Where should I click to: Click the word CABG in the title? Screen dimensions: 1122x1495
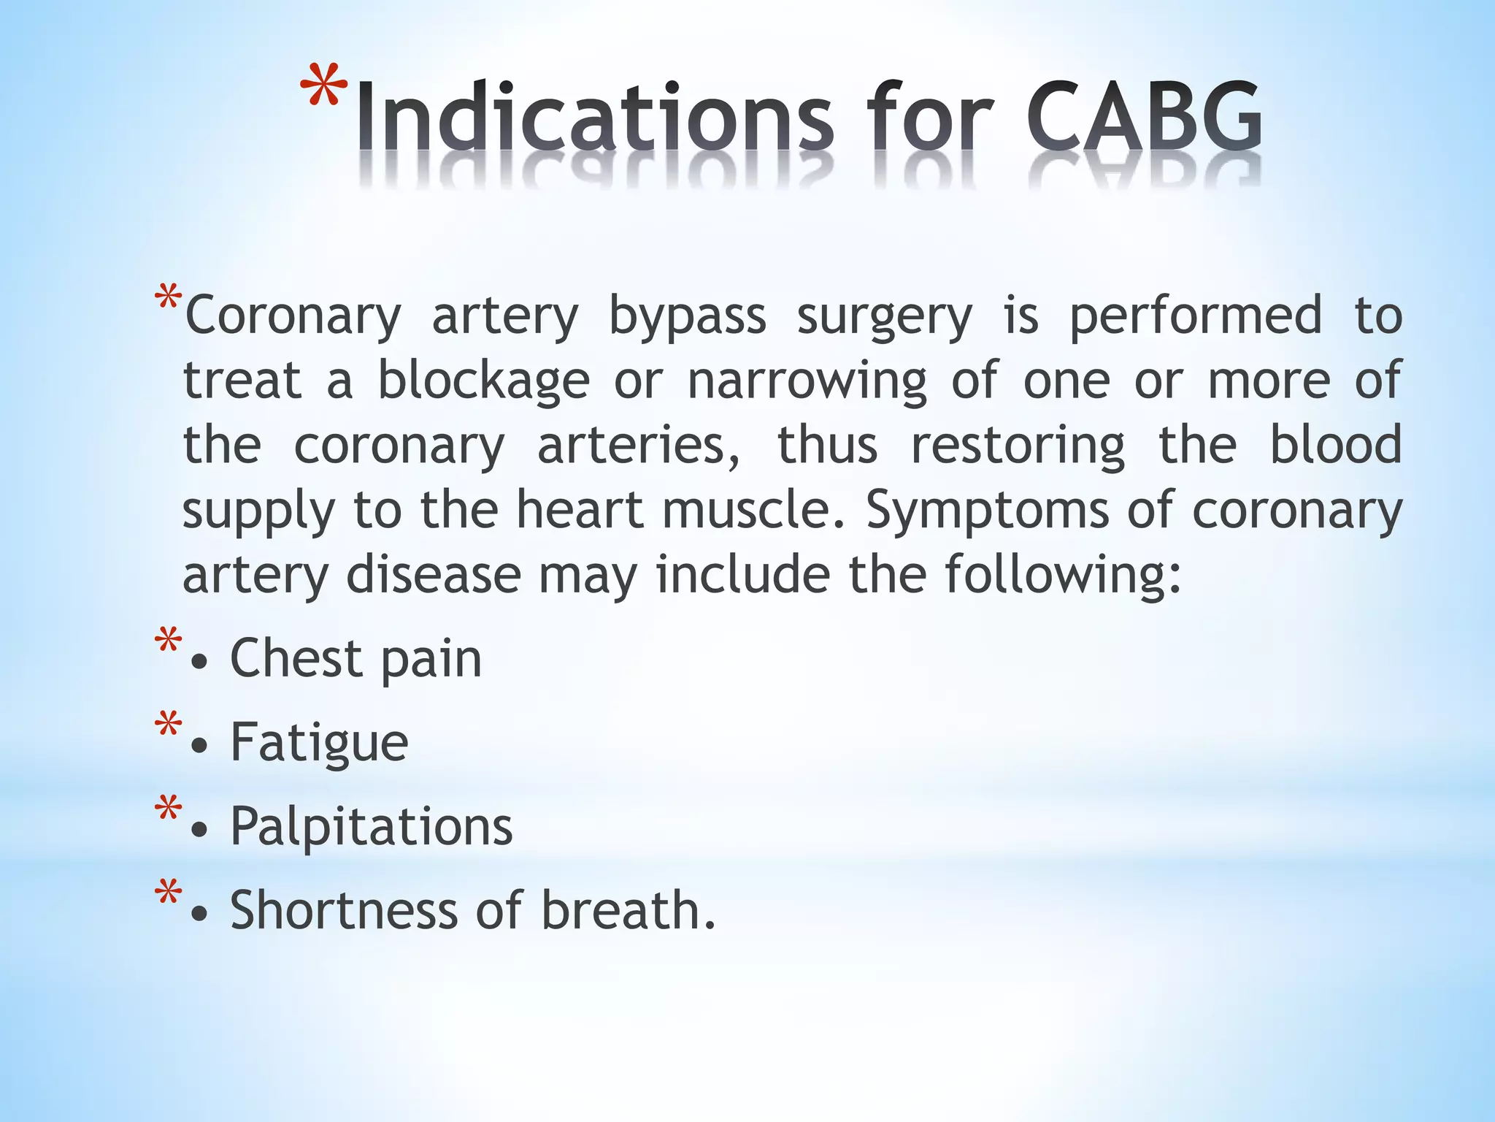pyautogui.click(x=1144, y=117)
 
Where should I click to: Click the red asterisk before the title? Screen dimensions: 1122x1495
pyautogui.click(x=323, y=89)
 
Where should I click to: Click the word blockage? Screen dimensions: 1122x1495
pyautogui.click(x=483, y=381)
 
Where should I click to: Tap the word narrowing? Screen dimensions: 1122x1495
pyautogui.click(x=807, y=381)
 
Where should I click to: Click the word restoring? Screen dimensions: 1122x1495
pyautogui.click(x=1018, y=446)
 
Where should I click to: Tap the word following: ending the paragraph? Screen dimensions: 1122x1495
pyautogui.click(x=1063, y=576)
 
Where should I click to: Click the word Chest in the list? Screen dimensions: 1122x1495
pyautogui.click(x=296, y=658)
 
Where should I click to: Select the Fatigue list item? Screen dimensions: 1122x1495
pyautogui.click(x=319, y=743)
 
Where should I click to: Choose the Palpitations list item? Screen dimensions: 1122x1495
pyautogui.click(x=371, y=826)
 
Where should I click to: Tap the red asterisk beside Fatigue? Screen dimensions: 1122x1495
pyautogui.click(x=168, y=725)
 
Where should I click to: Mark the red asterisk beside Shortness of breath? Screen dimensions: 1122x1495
pyautogui.click(x=168, y=893)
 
